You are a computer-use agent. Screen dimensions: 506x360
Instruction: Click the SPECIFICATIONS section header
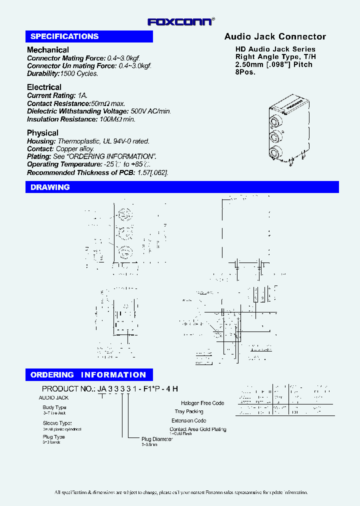tap(64, 36)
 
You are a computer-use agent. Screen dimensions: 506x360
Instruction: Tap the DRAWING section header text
tap(50, 187)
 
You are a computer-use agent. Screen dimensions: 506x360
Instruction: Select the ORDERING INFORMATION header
tap(88, 374)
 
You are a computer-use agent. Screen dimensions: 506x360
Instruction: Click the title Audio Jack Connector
tap(275, 36)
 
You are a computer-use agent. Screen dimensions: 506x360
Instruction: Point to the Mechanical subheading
tap(48, 50)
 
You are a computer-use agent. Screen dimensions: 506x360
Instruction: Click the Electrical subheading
tap(44, 87)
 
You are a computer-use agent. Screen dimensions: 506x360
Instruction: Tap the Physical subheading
tap(42, 132)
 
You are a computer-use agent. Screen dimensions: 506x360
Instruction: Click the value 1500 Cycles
tap(79, 73)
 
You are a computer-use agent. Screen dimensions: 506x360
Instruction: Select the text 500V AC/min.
tap(150, 111)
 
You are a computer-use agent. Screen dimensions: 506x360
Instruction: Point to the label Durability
tap(42, 73)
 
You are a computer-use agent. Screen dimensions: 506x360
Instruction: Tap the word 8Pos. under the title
tap(245, 71)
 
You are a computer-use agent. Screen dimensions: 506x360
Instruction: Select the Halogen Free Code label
tap(202, 403)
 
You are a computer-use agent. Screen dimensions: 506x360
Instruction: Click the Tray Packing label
tap(189, 411)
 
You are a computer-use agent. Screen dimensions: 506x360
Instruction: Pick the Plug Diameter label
tap(157, 439)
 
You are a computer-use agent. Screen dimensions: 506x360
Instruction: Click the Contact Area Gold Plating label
tap(197, 429)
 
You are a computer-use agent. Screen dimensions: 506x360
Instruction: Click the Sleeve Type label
tap(57, 423)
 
